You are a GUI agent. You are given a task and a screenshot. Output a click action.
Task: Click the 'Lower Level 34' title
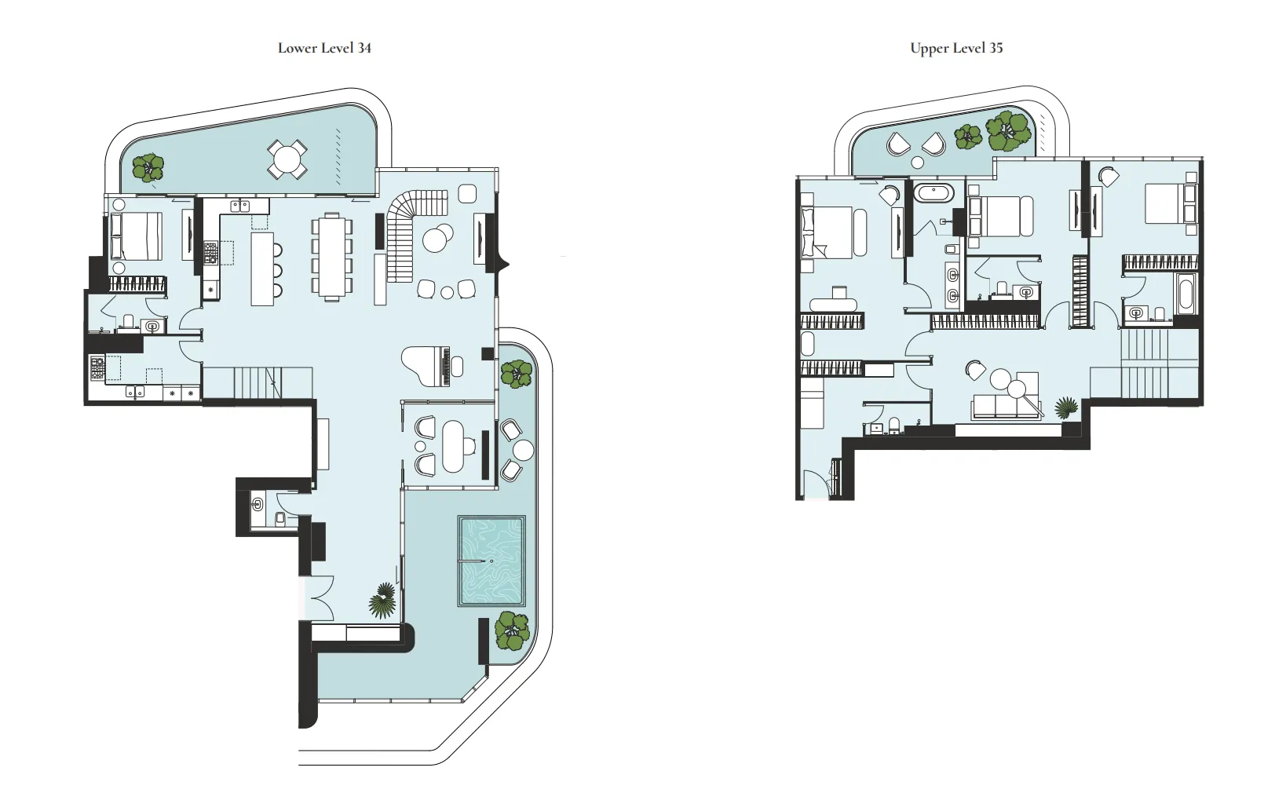pyautogui.click(x=324, y=48)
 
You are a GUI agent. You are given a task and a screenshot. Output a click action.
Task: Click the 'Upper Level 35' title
pyautogui.click(x=956, y=48)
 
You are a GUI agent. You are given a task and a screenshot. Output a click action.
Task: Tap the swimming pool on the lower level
pyautogui.click(x=491, y=561)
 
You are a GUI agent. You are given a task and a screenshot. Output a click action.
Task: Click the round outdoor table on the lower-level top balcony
pyautogui.click(x=287, y=159)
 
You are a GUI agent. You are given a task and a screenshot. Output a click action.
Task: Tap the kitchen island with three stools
pyautogui.click(x=262, y=268)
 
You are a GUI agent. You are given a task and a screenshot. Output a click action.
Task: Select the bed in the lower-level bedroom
pyautogui.click(x=137, y=236)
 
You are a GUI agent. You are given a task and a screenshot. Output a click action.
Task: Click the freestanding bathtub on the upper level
pyautogui.click(x=933, y=192)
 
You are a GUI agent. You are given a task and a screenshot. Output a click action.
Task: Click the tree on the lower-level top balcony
pyautogui.click(x=148, y=167)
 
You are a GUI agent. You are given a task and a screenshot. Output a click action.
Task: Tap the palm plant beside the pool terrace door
pyautogui.click(x=383, y=601)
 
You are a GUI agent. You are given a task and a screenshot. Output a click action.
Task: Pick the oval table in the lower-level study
pyautogui.click(x=453, y=447)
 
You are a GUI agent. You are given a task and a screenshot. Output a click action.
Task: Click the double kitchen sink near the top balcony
pyautogui.click(x=240, y=206)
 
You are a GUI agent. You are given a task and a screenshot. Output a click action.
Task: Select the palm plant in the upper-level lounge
pyautogui.click(x=1066, y=408)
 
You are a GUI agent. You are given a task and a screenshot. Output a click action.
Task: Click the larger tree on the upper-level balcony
pyautogui.click(x=1009, y=131)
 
